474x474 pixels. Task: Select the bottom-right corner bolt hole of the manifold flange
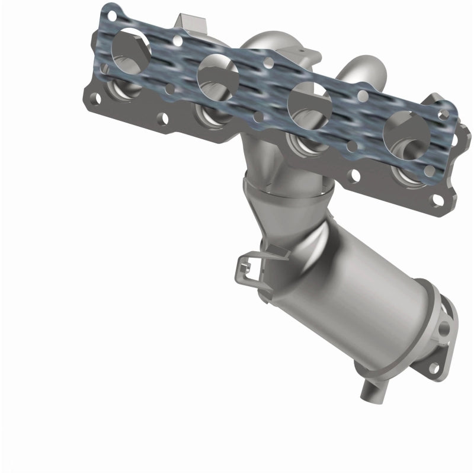(x=437, y=201)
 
